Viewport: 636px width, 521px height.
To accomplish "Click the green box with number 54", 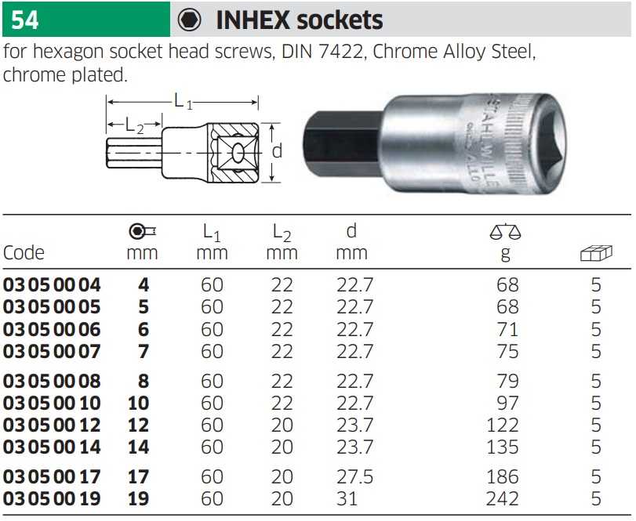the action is pos(86,19).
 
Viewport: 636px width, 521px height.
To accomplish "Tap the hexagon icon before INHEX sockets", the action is pos(190,20).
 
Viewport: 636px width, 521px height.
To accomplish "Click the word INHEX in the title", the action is pos(253,20).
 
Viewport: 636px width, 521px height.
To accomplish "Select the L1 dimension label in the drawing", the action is pos(183,101).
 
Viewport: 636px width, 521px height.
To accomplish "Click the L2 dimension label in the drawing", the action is pos(135,125).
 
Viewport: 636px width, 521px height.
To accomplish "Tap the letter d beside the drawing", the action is pos(277,151).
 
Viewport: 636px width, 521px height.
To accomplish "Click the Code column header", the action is pos(24,253).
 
